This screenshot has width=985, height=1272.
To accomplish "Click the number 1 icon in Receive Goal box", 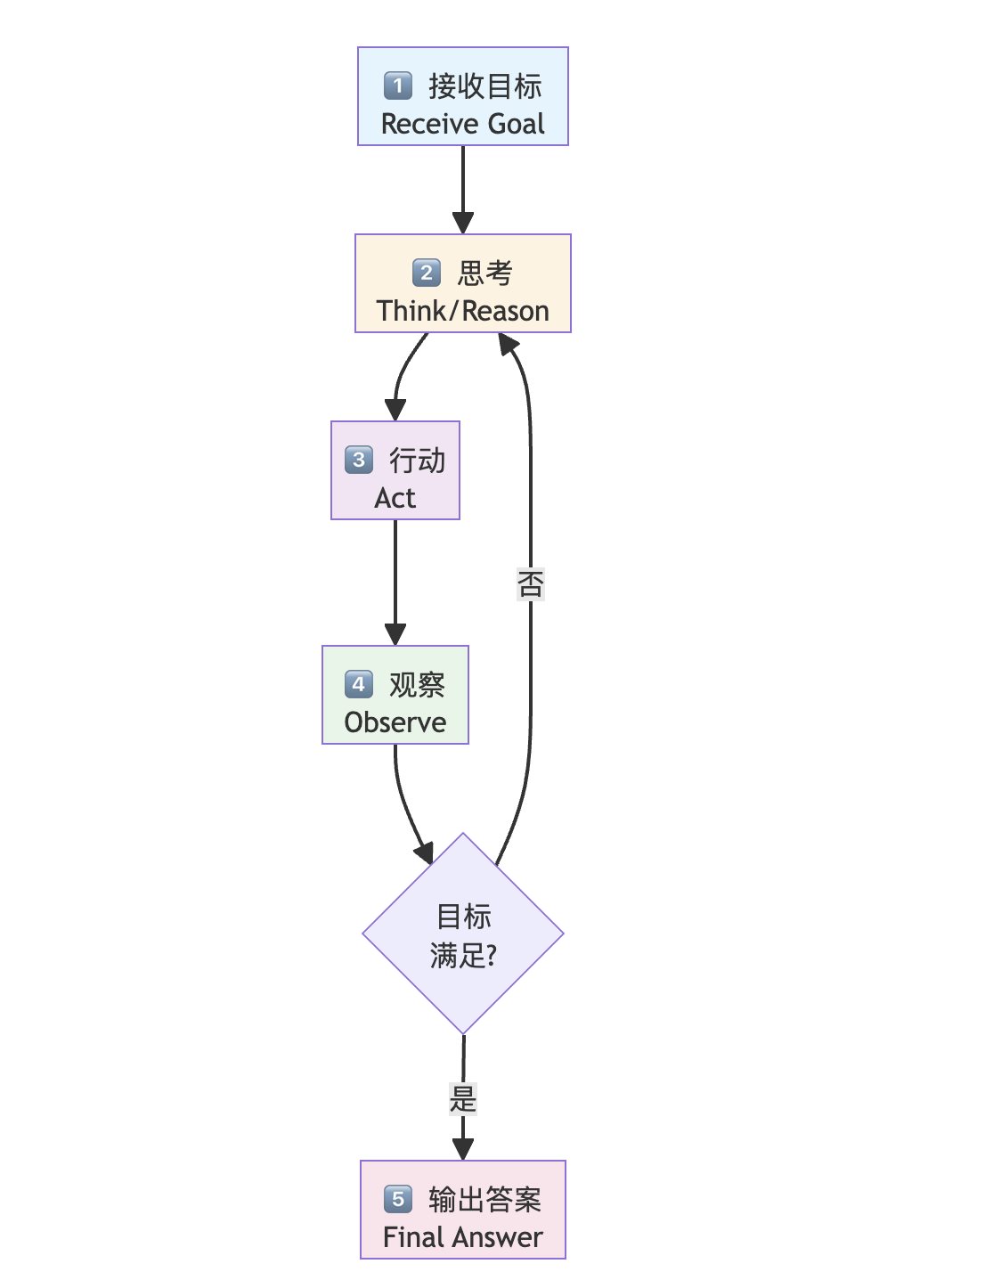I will tap(398, 86).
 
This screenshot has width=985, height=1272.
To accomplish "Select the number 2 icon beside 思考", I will tap(427, 273).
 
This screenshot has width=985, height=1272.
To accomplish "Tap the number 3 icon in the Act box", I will tap(359, 460).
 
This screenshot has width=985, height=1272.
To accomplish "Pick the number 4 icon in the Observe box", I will tap(359, 684).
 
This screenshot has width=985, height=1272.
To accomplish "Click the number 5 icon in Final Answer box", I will tap(398, 1199).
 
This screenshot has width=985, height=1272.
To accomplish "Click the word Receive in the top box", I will tap(424, 124).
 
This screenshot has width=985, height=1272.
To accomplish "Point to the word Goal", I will tap(516, 124).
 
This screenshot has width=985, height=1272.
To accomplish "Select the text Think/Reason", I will tap(462, 311).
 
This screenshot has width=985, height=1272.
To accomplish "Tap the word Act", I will tap(395, 498).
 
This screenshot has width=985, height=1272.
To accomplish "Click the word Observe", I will tap(395, 722).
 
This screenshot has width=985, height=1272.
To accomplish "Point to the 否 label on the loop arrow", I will tap(531, 584).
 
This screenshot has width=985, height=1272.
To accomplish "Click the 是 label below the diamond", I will tap(463, 1098).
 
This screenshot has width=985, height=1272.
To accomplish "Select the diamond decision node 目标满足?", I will tap(463, 934).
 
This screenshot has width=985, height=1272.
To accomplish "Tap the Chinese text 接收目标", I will tap(484, 86).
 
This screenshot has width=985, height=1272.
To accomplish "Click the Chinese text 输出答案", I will tap(484, 1200).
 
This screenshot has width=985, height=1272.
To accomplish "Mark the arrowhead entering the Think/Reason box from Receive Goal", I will tap(463, 223).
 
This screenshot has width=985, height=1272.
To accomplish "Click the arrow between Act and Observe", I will tap(395, 579).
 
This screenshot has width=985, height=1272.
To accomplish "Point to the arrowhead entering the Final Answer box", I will tap(463, 1149).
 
